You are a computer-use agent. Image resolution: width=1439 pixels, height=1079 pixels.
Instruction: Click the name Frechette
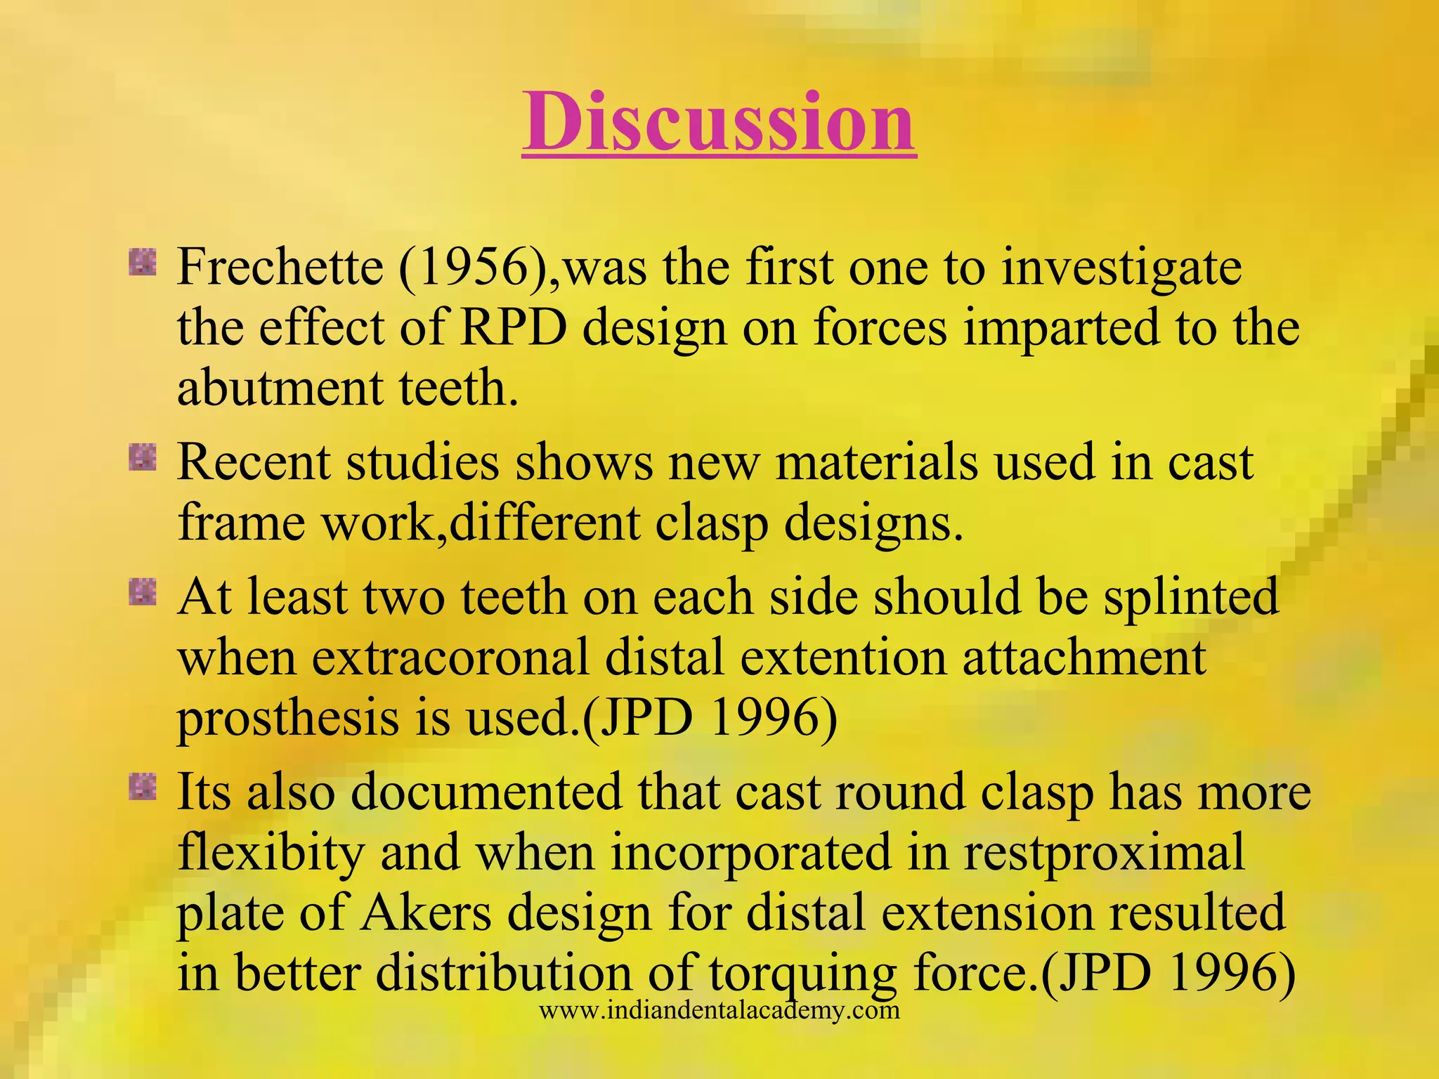coord(280,268)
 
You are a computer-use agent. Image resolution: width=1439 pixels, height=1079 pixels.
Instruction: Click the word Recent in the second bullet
coord(253,463)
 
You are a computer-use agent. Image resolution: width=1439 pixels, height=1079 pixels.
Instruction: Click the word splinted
coord(1191,598)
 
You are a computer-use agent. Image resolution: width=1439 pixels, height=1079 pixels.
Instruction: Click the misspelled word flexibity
coord(271,853)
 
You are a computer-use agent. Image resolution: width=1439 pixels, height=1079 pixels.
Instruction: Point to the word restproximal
coord(1103,853)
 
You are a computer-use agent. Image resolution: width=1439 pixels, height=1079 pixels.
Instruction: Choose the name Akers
coord(426,913)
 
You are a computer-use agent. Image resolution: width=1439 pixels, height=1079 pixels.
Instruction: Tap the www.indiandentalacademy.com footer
coord(719,1011)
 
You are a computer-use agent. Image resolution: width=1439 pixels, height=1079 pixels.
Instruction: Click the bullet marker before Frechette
coord(143,263)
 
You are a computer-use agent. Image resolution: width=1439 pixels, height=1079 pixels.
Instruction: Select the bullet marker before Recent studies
coord(143,459)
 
